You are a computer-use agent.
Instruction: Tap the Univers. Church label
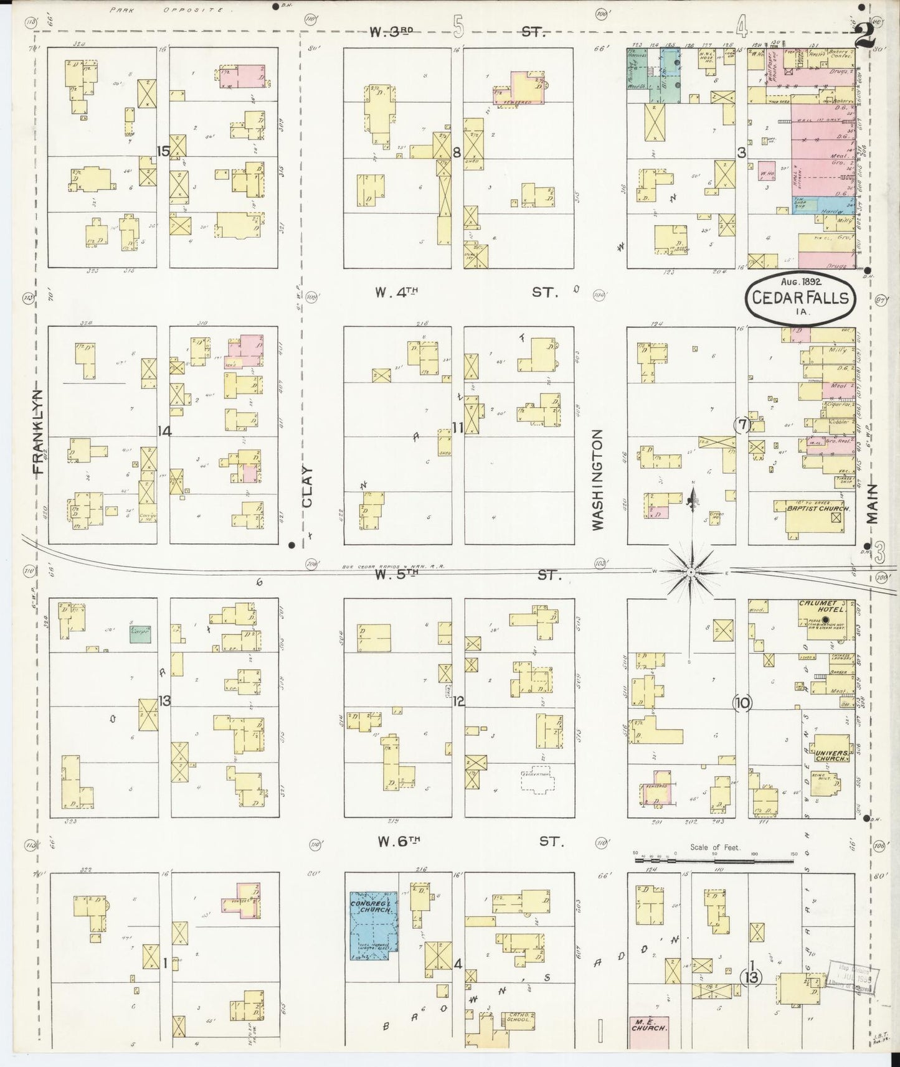[x=830, y=754]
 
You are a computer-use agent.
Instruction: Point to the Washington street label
[x=599, y=479]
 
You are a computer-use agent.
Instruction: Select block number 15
[x=164, y=151]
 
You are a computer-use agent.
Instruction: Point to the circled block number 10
[x=742, y=703]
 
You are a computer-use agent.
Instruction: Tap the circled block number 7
[x=742, y=425]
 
